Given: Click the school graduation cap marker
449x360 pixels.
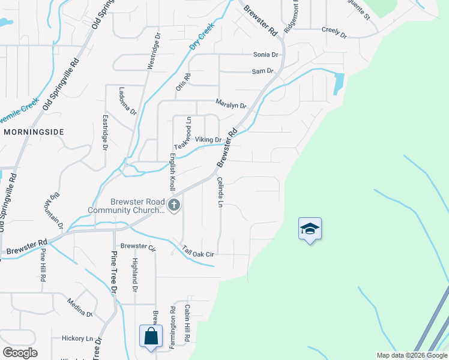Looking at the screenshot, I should (310, 229).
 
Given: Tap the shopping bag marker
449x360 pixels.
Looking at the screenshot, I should (150, 337).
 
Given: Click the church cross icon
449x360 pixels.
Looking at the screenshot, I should (174, 206).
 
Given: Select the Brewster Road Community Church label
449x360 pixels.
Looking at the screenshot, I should (126, 206).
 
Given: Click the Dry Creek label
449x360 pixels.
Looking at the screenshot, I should (202, 37).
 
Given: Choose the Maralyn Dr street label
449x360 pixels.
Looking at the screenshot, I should (231, 106).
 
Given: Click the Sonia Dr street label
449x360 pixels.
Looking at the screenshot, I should (266, 55).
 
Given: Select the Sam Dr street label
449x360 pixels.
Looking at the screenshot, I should (262, 71).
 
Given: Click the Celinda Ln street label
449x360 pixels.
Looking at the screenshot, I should (220, 193).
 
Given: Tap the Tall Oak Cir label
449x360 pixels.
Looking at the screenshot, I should (198, 254).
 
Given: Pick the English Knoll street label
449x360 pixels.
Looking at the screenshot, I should (172, 172).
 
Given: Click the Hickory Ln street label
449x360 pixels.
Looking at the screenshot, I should (77, 338).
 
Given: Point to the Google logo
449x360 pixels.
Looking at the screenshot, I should (20, 352).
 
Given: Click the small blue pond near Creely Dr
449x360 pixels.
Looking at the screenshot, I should (339, 83).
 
